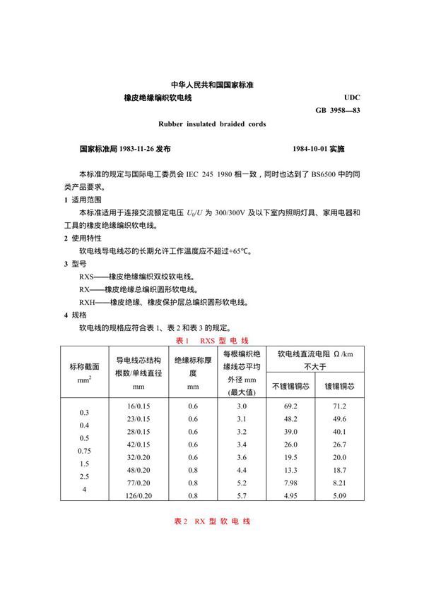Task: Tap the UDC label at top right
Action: (x=351, y=97)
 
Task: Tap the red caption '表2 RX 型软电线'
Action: (x=211, y=521)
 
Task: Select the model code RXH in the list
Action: (x=88, y=302)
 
